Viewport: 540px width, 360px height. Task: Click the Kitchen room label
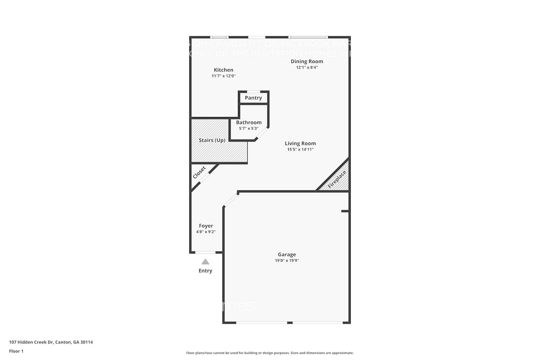click(x=224, y=70)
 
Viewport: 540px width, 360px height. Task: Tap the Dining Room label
click(x=307, y=61)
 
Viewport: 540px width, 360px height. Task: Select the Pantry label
click(x=253, y=98)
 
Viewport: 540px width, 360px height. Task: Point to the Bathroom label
click(x=249, y=122)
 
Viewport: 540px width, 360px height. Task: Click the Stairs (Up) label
click(x=212, y=140)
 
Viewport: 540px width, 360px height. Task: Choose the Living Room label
click(x=300, y=143)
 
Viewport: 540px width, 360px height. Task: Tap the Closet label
click(x=199, y=172)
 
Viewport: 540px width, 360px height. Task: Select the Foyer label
click(x=206, y=226)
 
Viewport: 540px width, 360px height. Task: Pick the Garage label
click(x=287, y=255)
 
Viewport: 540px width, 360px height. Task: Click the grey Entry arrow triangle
click(x=205, y=262)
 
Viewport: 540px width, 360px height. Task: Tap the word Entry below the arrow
click(x=205, y=271)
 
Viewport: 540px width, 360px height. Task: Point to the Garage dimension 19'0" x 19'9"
click(x=287, y=261)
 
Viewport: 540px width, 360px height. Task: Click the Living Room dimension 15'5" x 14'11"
click(x=300, y=149)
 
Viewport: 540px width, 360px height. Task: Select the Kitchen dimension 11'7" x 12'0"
click(x=224, y=76)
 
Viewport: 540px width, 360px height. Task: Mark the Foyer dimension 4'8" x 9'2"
click(x=206, y=232)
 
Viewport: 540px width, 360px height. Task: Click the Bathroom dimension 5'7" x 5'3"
click(x=249, y=129)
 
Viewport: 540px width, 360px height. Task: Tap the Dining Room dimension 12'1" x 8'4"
click(x=307, y=67)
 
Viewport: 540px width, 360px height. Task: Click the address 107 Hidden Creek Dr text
click(x=51, y=342)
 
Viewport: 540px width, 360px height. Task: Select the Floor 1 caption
click(x=16, y=351)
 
